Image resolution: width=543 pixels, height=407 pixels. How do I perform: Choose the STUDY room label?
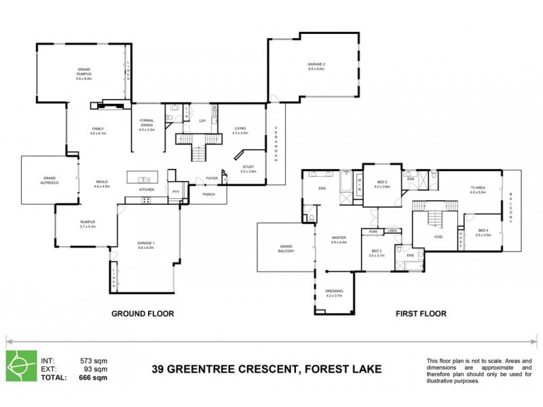pyautogui.click(x=248, y=169)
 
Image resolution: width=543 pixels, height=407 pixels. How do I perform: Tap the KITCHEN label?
pyautogui.click(x=147, y=189)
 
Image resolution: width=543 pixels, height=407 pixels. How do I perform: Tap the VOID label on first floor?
pyautogui.click(x=438, y=237)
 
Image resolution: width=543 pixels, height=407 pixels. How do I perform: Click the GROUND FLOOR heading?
pyautogui.click(x=143, y=314)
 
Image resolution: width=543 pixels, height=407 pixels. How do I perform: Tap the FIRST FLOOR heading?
pyautogui.click(x=422, y=314)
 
